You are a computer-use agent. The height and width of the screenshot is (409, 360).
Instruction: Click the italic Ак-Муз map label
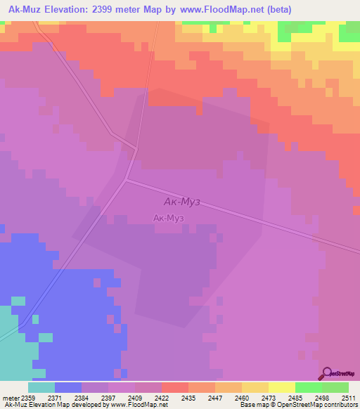tap(177, 202)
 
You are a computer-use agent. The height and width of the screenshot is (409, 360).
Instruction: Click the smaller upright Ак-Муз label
tap(169, 219)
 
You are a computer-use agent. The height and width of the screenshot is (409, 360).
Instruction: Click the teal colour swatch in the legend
tap(41, 387)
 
